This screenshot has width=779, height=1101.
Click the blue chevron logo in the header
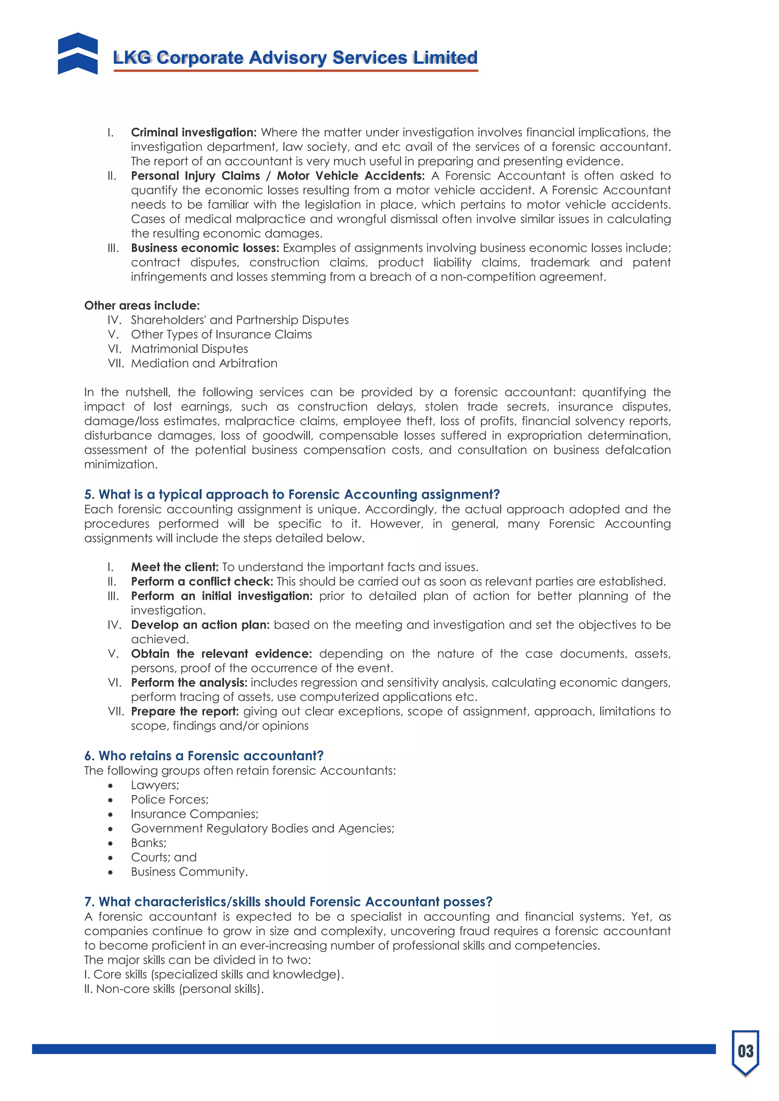point(78,53)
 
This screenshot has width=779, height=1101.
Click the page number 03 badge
point(745,1051)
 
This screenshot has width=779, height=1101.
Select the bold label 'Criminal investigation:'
point(194,132)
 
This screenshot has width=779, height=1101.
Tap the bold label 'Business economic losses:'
point(205,248)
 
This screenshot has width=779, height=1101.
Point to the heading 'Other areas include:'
point(142,305)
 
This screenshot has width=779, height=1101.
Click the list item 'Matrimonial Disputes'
point(189,349)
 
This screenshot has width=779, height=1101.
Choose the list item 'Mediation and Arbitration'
point(204,363)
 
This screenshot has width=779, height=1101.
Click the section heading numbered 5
point(292,494)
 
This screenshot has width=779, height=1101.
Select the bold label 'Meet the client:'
point(175,567)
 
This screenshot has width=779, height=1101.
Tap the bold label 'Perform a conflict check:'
point(202,581)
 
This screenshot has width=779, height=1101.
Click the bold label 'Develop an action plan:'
point(200,625)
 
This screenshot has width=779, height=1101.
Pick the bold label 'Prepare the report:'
point(185,711)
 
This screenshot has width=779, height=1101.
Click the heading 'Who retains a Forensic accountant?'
point(204,756)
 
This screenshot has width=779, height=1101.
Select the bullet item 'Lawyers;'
point(155,785)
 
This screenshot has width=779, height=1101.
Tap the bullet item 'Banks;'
point(149,842)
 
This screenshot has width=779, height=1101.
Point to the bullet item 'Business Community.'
point(189,871)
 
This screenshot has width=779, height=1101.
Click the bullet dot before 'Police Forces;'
point(110,800)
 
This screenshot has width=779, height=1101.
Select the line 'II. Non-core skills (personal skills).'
point(174,989)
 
